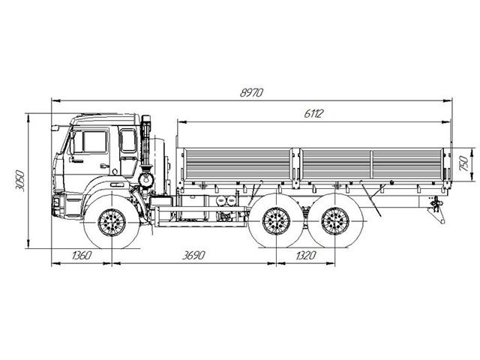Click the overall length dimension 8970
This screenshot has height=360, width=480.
click(x=251, y=92)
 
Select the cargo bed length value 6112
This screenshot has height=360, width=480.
click(x=313, y=114)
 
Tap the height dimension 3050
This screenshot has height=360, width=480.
click(x=20, y=181)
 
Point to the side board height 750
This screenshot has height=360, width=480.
click(x=463, y=163)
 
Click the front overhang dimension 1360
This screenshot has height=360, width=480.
click(x=82, y=255)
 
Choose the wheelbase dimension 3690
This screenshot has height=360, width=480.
click(x=193, y=255)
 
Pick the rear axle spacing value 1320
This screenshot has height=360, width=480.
click(x=305, y=255)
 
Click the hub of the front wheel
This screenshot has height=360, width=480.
click(x=112, y=223)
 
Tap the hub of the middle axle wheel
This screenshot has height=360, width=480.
click(x=276, y=221)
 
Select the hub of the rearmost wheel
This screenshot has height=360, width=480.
click(x=335, y=221)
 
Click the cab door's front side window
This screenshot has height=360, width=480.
click(x=91, y=142)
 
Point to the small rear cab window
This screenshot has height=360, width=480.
click(x=128, y=140)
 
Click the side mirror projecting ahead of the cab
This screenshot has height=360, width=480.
click(x=55, y=128)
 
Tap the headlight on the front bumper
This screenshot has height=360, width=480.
click(x=56, y=202)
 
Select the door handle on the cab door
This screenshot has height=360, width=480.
click(x=104, y=166)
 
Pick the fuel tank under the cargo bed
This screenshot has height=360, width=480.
click(x=194, y=208)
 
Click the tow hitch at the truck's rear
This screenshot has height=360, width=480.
click(x=437, y=207)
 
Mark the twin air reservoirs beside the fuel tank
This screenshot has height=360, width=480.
click(x=226, y=201)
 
